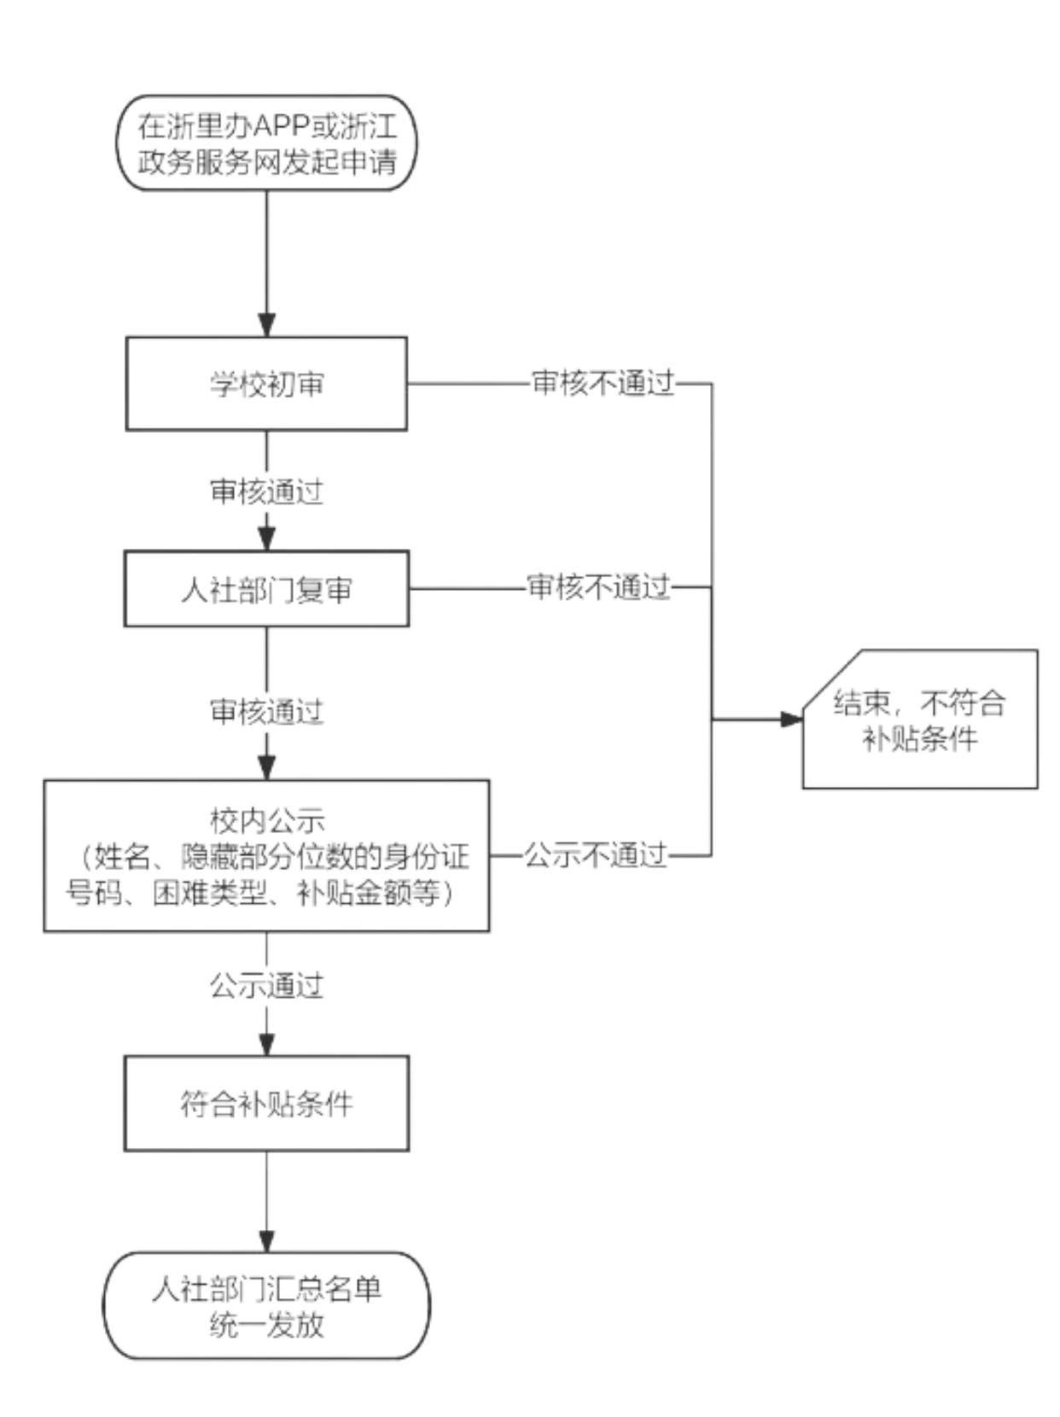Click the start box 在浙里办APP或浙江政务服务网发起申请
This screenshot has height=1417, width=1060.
tap(266, 143)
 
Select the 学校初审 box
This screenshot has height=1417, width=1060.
tap(266, 383)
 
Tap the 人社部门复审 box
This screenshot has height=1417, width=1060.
tap(266, 589)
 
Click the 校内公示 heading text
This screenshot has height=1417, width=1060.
tap(266, 820)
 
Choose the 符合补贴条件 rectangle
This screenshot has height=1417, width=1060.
tap(266, 1104)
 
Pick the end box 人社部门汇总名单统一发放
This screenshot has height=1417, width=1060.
tap(266, 1305)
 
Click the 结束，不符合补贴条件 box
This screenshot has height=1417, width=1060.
tap(920, 719)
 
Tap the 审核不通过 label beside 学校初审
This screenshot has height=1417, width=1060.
tap(603, 382)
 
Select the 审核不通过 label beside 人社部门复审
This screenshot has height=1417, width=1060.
tap(599, 586)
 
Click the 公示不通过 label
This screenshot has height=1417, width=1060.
tap(596, 855)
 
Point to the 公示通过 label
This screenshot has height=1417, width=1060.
tap(266, 985)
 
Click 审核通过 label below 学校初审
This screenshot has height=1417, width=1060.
tap(266, 492)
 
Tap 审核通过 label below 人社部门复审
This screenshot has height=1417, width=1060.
tap(266, 711)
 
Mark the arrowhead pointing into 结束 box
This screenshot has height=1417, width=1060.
tap(792, 719)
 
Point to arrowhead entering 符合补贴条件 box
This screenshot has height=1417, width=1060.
tap(266, 1045)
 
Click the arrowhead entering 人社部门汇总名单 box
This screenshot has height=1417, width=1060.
tap(266, 1241)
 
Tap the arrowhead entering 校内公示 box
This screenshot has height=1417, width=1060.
tap(266, 768)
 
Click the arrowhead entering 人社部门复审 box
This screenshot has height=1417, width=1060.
tap(266, 539)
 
